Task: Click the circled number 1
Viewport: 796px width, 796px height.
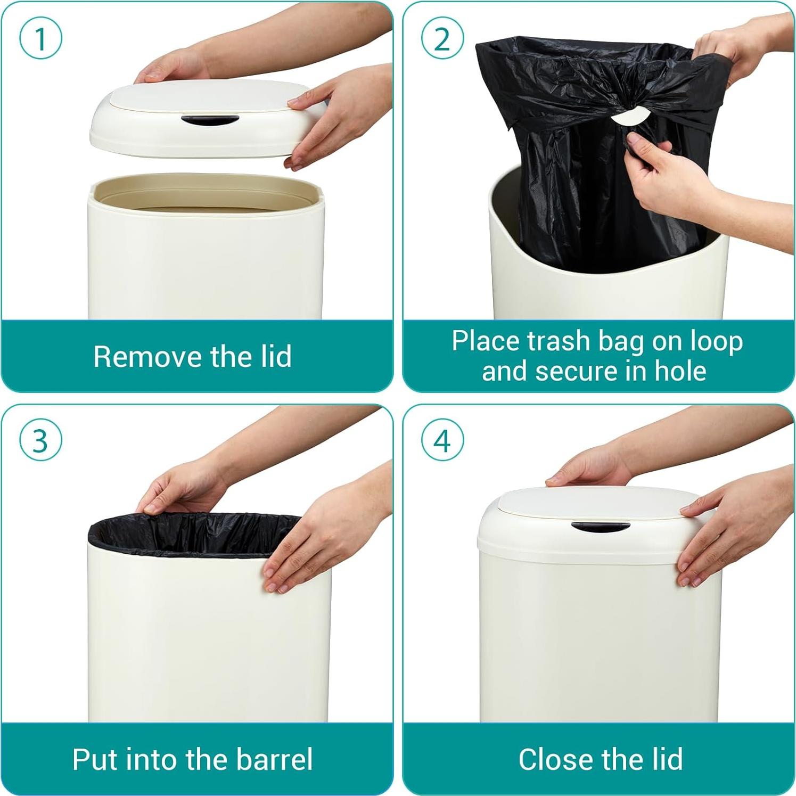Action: tap(40, 38)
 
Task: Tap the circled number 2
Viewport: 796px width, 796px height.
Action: tap(442, 38)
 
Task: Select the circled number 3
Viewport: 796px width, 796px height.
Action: tap(40, 441)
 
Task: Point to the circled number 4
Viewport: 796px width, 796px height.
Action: tap(442, 441)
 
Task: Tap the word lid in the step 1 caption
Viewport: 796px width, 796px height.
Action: tap(276, 356)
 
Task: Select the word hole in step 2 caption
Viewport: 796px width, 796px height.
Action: tap(680, 371)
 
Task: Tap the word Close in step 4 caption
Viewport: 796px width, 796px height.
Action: tap(551, 759)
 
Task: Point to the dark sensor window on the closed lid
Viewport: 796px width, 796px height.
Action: tap(600, 527)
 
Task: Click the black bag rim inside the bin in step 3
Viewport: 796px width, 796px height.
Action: tap(192, 532)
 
